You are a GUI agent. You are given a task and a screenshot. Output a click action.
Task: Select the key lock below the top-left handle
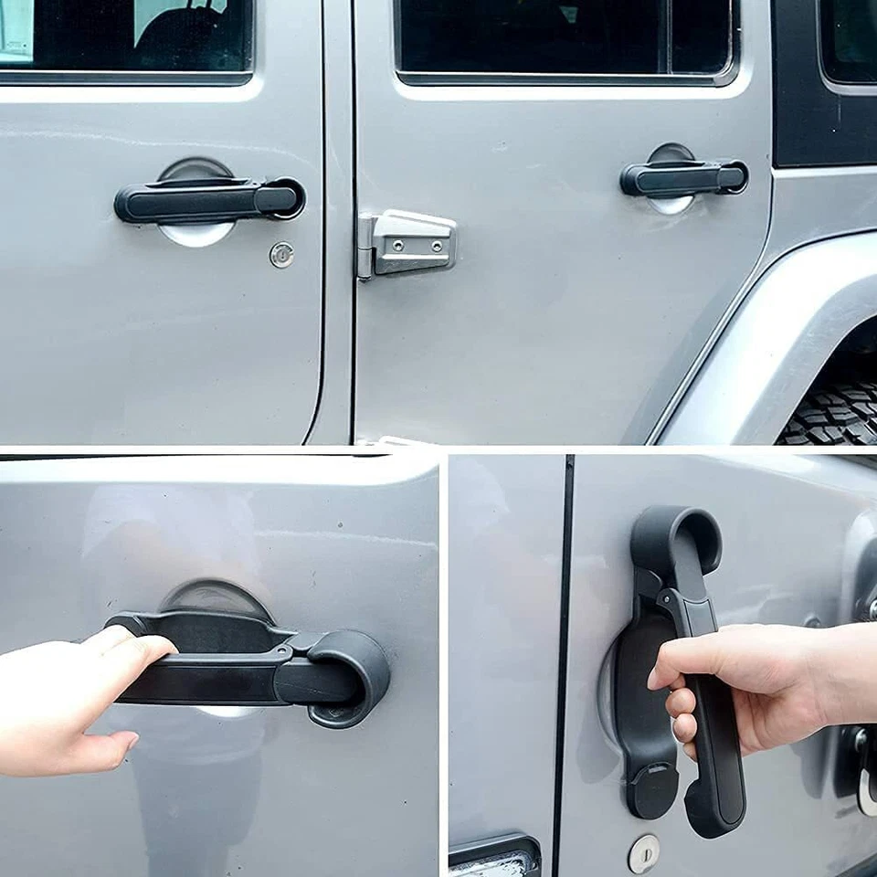click(x=282, y=255)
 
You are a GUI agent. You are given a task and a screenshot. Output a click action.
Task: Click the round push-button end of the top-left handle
click(x=286, y=197)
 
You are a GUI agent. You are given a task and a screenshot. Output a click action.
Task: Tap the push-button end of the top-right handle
click(x=733, y=176)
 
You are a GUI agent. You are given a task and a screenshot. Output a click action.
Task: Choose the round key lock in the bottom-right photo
click(x=643, y=853)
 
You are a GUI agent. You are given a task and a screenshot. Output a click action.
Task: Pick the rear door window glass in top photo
click(x=562, y=37)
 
